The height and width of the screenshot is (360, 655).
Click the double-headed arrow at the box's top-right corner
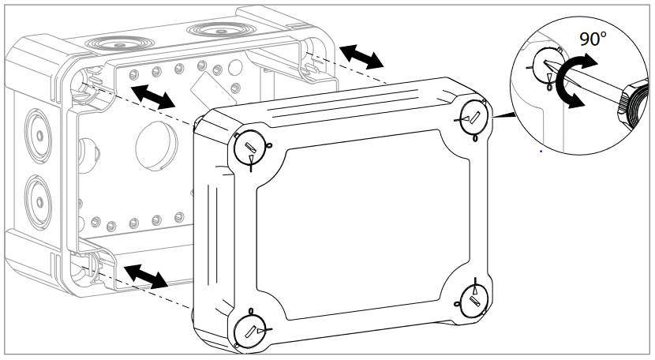pos(361,56)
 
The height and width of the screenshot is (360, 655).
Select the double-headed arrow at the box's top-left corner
pos(152,97)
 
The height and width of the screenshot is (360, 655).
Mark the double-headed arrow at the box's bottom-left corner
pos(147,276)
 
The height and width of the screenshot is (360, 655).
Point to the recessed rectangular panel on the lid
pos(363,229)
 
